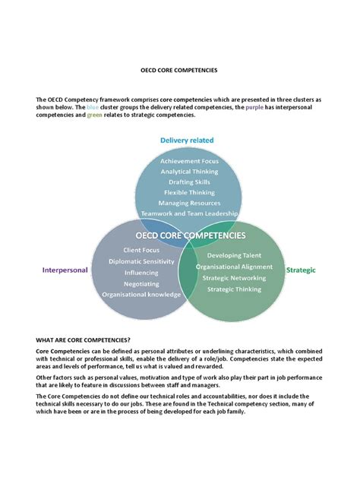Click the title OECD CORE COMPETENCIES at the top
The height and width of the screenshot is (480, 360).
[x=179, y=69]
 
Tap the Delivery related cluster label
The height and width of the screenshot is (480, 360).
[x=187, y=141]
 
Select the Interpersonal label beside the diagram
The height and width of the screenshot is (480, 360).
[x=65, y=270]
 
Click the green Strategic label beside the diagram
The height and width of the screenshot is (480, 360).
[x=300, y=270]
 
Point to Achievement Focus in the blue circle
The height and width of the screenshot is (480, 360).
[x=189, y=160]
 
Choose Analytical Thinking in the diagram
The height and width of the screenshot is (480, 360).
[x=189, y=171]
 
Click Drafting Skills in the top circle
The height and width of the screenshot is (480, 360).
[x=189, y=182]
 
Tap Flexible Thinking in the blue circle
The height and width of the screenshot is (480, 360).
[x=189, y=192]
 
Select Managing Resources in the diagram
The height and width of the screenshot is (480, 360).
[x=189, y=204]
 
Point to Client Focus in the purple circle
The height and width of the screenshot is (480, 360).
[x=141, y=249]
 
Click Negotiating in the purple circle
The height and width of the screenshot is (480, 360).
[x=141, y=283]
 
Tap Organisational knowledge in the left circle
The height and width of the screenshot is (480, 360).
[x=141, y=295]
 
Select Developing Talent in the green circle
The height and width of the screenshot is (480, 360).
[x=234, y=255]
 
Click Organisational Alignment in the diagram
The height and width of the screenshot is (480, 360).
[x=234, y=267]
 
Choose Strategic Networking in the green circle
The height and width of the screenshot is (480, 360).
[x=234, y=278]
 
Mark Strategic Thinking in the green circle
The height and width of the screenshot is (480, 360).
[x=234, y=289]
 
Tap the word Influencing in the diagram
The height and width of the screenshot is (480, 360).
[x=141, y=272]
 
